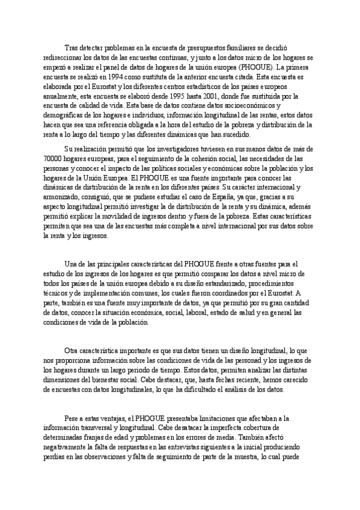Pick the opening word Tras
tap(72, 49)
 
